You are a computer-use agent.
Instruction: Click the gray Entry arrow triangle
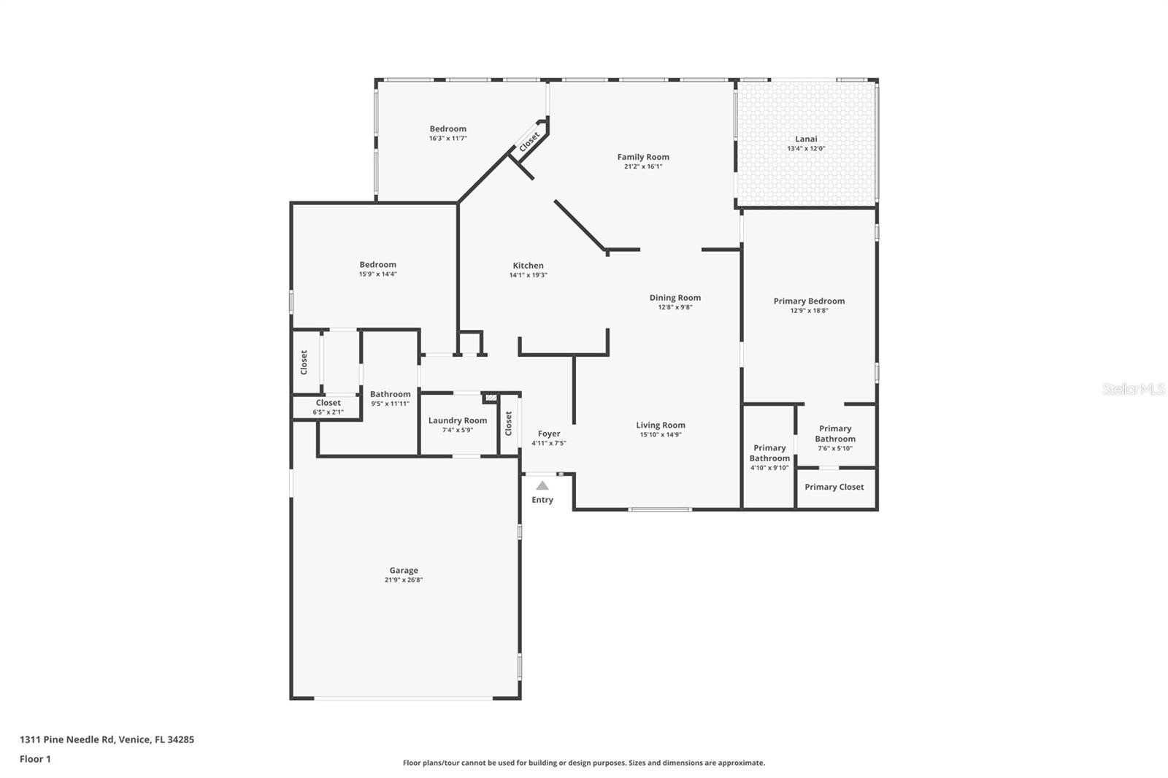[x=542, y=486]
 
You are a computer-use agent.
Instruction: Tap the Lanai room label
[x=806, y=139]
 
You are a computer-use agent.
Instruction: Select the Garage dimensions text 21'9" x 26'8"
[x=404, y=579]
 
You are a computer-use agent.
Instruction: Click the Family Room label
[x=643, y=157]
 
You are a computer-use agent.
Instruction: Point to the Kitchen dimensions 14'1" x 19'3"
[x=529, y=275]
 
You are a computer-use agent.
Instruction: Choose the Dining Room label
[x=675, y=298]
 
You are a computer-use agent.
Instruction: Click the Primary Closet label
[x=834, y=487]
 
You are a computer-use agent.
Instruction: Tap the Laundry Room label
[x=458, y=421]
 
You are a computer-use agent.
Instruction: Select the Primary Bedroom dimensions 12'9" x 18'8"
[x=809, y=311]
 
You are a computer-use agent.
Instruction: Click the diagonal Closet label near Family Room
[x=529, y=142]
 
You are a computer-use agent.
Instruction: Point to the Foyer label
[x=549, y=434]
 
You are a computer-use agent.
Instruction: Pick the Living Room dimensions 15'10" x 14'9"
[x=661, y=435]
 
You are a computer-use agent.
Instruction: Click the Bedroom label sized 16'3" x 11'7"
[x=448, y=128]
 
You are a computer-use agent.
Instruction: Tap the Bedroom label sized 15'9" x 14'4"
[x=377, y=265]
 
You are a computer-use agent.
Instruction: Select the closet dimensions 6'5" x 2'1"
[x=328, y=412]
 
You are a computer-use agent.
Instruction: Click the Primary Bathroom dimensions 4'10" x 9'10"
[x=769, y=469]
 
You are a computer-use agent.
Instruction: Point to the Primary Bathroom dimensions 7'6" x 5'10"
[x=835, y=448]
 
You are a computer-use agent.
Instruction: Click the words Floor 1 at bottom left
[x=36, y=759]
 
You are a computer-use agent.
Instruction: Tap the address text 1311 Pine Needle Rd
[x=66, y=739]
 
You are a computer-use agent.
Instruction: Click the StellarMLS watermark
[x=1134, y=389]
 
